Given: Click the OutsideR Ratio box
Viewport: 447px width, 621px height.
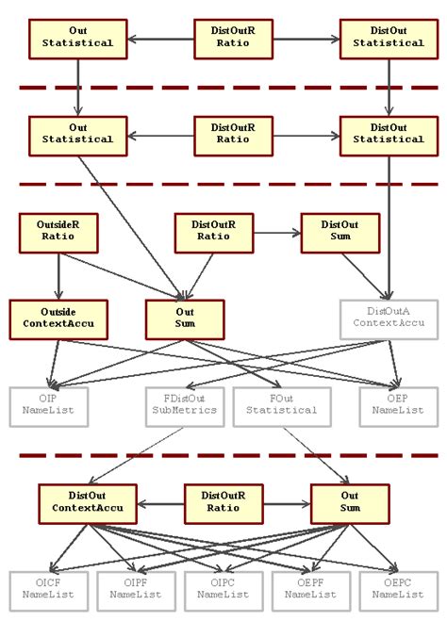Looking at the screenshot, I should (x=58, y=233).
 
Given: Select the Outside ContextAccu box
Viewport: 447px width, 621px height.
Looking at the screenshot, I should (x=58, y=319).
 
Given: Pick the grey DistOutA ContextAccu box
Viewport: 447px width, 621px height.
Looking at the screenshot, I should (x=389, y=319).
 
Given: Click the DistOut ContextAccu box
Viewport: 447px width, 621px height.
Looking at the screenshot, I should (x=88, y=503).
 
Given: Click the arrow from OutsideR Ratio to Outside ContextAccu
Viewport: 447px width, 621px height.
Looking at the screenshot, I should (x=58, y=275).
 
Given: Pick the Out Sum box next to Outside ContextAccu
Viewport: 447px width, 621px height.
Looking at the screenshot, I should (x=185, y=319).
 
